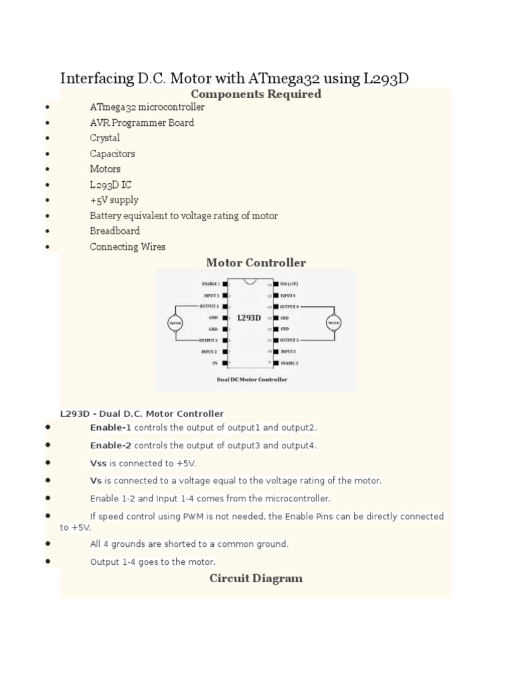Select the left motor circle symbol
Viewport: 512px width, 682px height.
pos(175,322)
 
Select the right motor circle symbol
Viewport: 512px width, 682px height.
pos(334,322)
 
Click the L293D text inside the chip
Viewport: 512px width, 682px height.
pos(249,318)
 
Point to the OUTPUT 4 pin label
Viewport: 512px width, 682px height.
pos(290,306)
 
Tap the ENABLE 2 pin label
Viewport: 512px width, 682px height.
pos(290,363)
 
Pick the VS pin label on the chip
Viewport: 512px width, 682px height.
pos(215,363)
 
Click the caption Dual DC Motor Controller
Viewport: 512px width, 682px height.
pos(252,380)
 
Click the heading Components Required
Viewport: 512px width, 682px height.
pos(256,94)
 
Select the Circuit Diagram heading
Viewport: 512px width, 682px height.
pos(256,578)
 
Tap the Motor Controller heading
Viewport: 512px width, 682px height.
pos(256,262)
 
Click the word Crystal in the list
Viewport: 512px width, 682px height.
pos(105,138)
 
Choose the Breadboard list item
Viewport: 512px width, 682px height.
pos(115,230)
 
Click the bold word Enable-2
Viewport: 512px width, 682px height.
pos(111,445)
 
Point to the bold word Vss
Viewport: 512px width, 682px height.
pos(98,463)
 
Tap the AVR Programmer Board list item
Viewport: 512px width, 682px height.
pos(142,123)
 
